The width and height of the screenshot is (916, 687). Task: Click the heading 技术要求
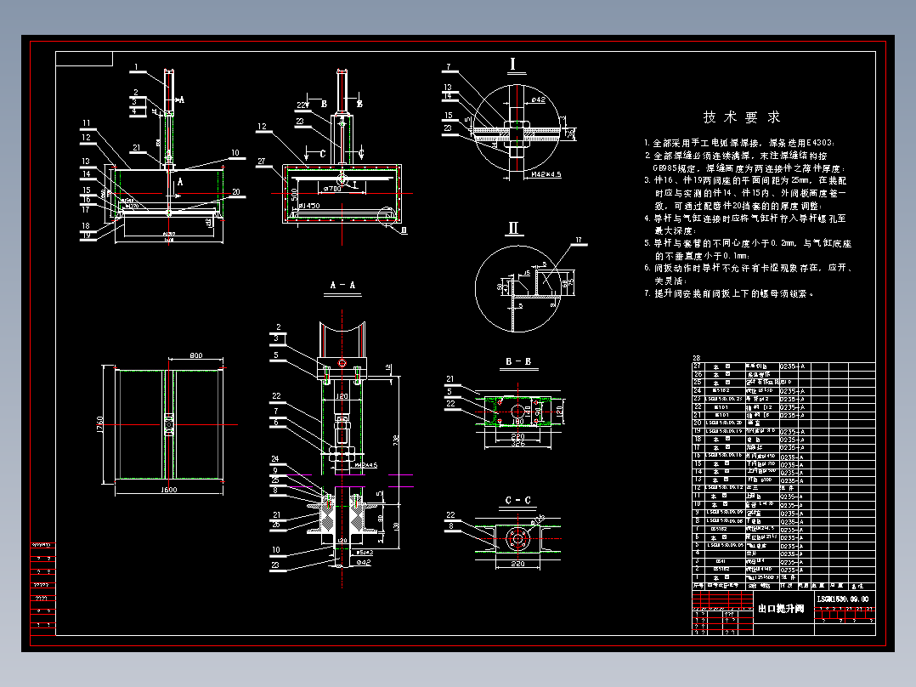tap(742, 116)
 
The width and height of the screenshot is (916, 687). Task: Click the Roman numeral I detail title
tap(513, 65)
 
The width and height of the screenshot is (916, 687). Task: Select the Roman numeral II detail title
tap(513, 228)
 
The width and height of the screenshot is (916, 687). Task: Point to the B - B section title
tap(517, 361)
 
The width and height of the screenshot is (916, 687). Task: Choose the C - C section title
tap(517, 499)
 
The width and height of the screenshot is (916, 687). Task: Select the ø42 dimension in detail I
tap(538, 100)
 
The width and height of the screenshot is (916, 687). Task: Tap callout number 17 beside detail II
tap(579, 241)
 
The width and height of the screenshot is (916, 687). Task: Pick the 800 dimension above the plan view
tap(195, 355)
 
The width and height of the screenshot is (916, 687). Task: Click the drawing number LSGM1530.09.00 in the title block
tap(842, 599)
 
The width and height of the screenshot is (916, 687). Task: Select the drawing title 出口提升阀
tap(780, 608)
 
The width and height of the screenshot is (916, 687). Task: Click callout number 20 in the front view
tap(236, 190)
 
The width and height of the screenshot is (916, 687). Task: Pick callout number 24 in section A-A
tap(274, 459)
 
